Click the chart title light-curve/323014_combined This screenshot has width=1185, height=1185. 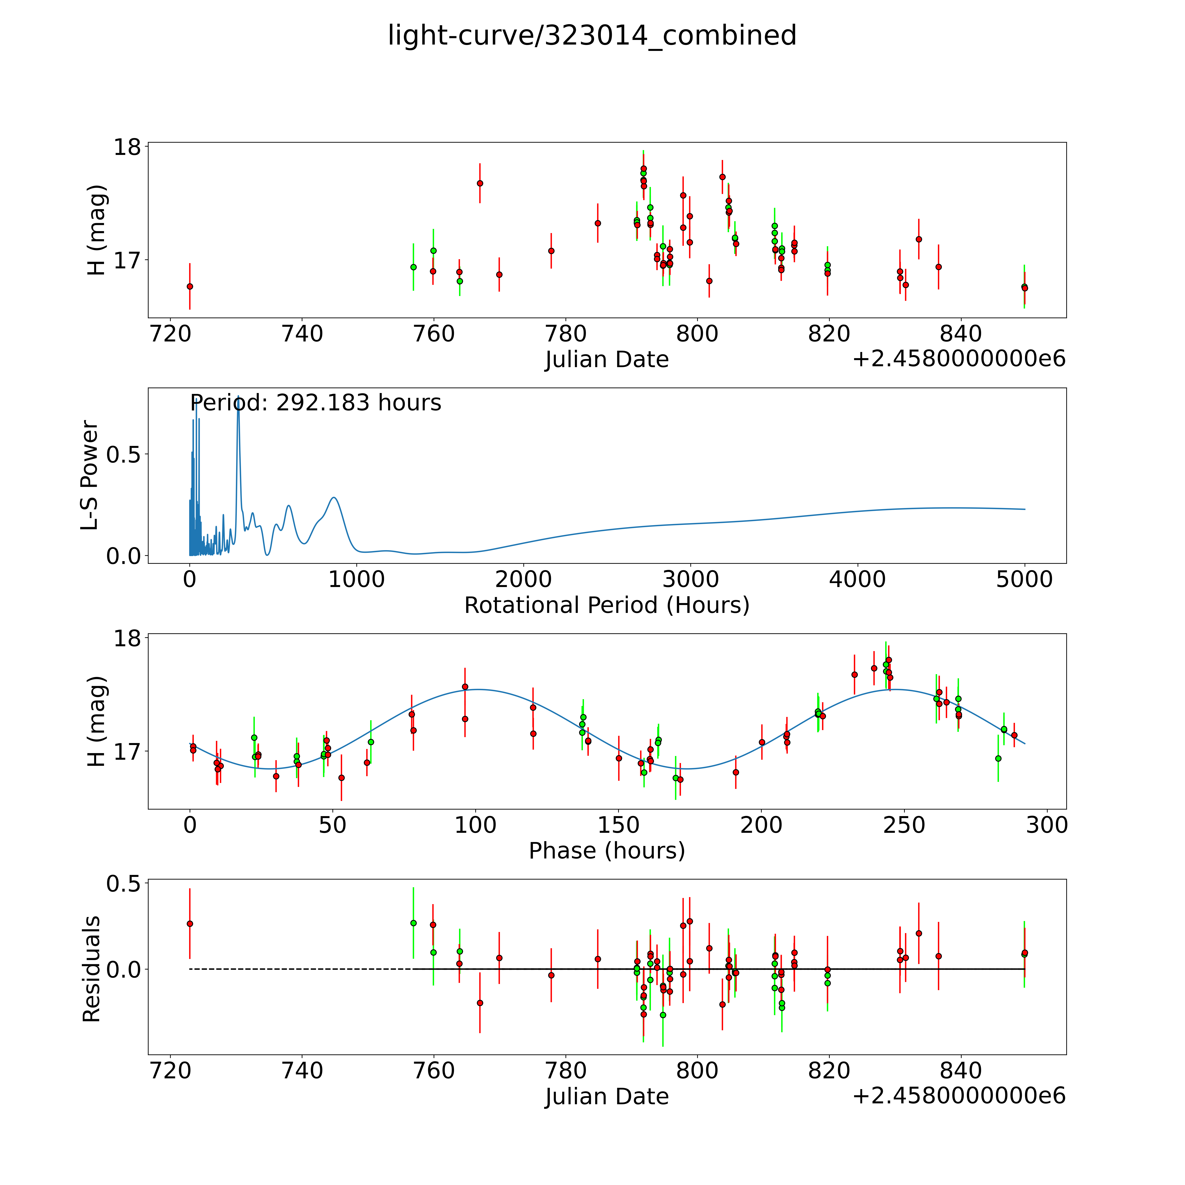click(592, 36)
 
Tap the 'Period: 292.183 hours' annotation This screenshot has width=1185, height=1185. click(315, 403)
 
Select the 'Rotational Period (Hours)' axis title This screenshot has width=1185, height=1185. click(607, 605)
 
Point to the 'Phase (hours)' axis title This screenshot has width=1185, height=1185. click(607, 851)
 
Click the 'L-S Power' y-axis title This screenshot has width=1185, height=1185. click(90, 475)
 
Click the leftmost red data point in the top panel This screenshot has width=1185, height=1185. click(190, 286)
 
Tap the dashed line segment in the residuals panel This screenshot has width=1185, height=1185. click(301, 969)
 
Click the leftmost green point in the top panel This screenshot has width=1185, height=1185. click(413, 267)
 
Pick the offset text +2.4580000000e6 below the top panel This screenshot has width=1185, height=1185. click(959, 359)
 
